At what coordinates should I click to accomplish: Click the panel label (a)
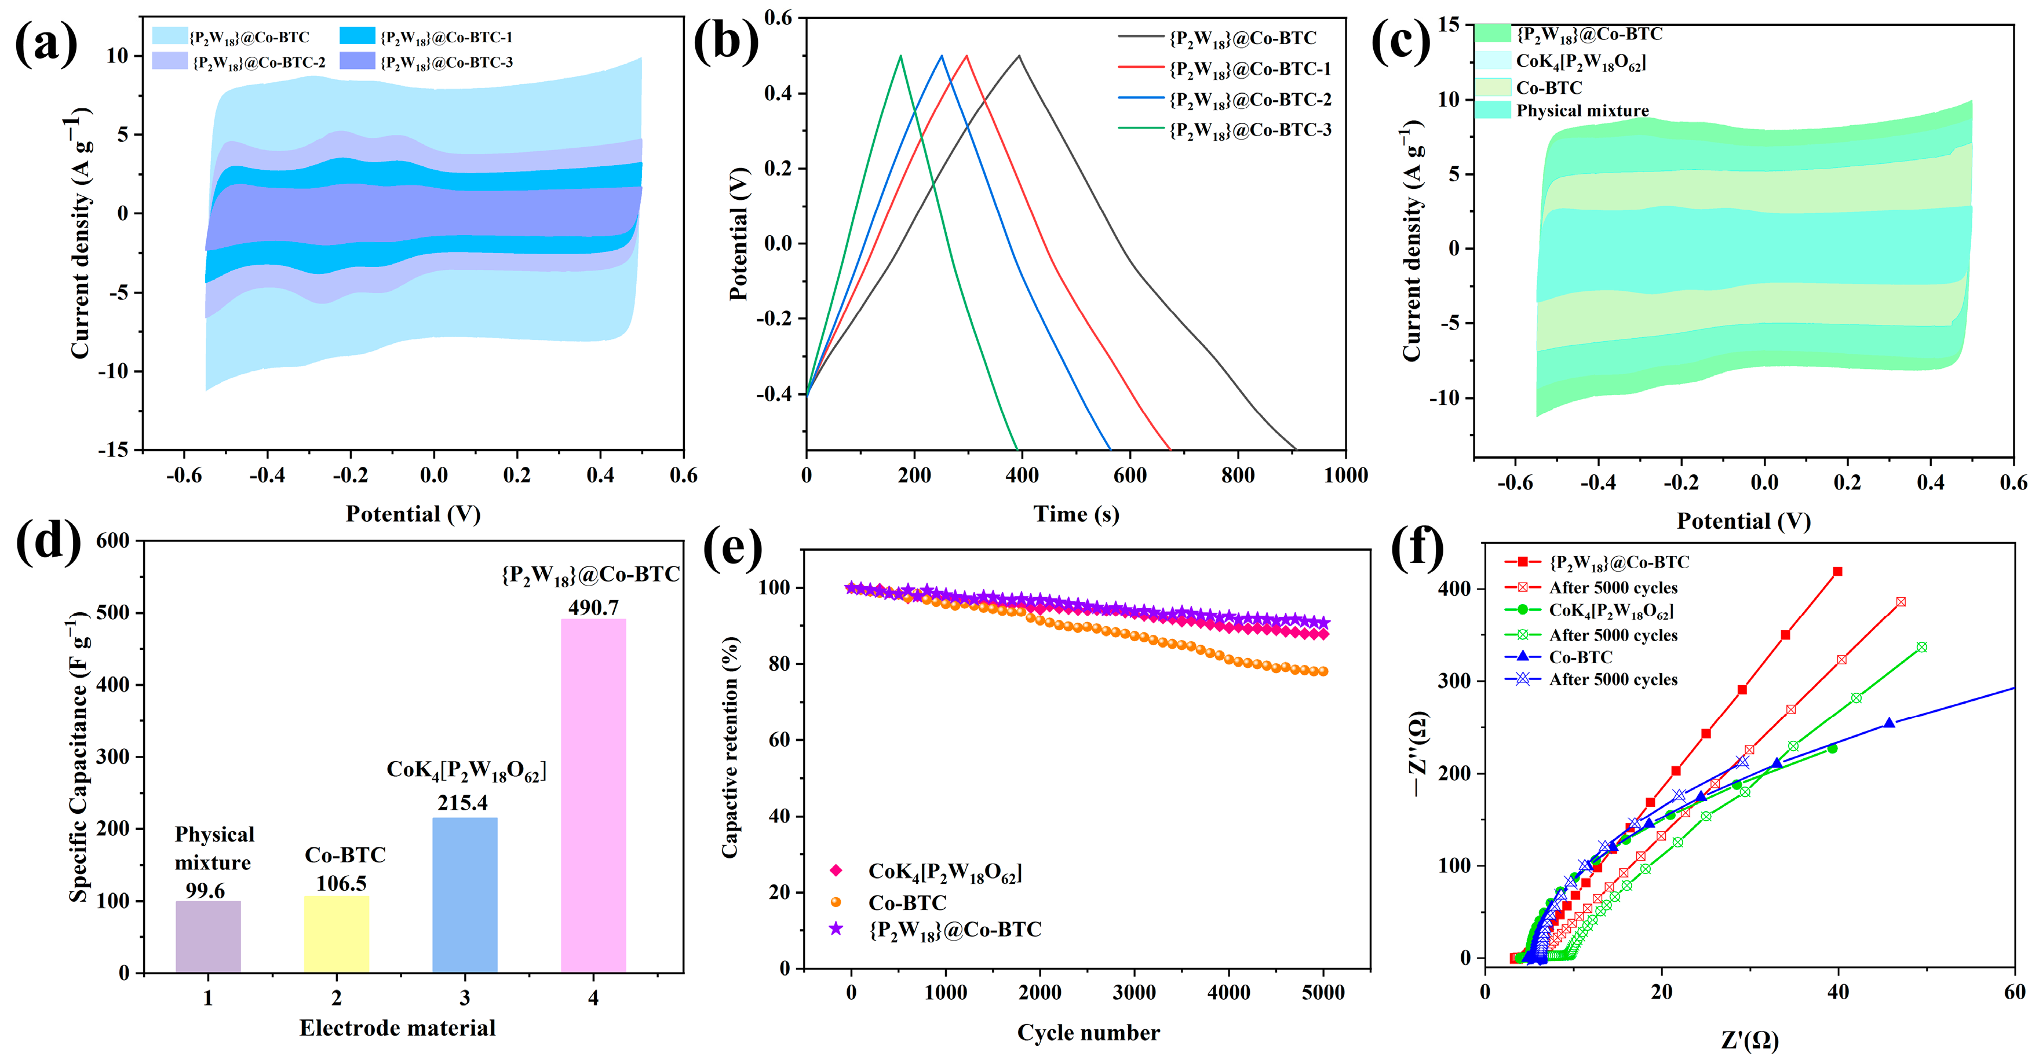tap(46, 43)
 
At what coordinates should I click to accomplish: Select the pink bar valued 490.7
tap(593, 795)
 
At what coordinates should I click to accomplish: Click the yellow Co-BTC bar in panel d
tap(337, 934)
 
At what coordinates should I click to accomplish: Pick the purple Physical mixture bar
tap(208, 937)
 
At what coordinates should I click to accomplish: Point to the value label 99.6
tap(206, 891)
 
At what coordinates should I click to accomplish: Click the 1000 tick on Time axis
tap(1345, 476)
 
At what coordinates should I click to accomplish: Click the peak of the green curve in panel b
tap(901, 56)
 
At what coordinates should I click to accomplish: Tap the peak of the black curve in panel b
tap(1020, 56)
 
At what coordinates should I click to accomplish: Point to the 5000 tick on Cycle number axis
tap(1323, 993)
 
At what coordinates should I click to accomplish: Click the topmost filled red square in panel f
tap(1838, 571)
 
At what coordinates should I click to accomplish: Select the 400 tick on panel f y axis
tap(1455, 588)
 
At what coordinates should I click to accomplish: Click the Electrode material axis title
tap(397, 1028)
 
